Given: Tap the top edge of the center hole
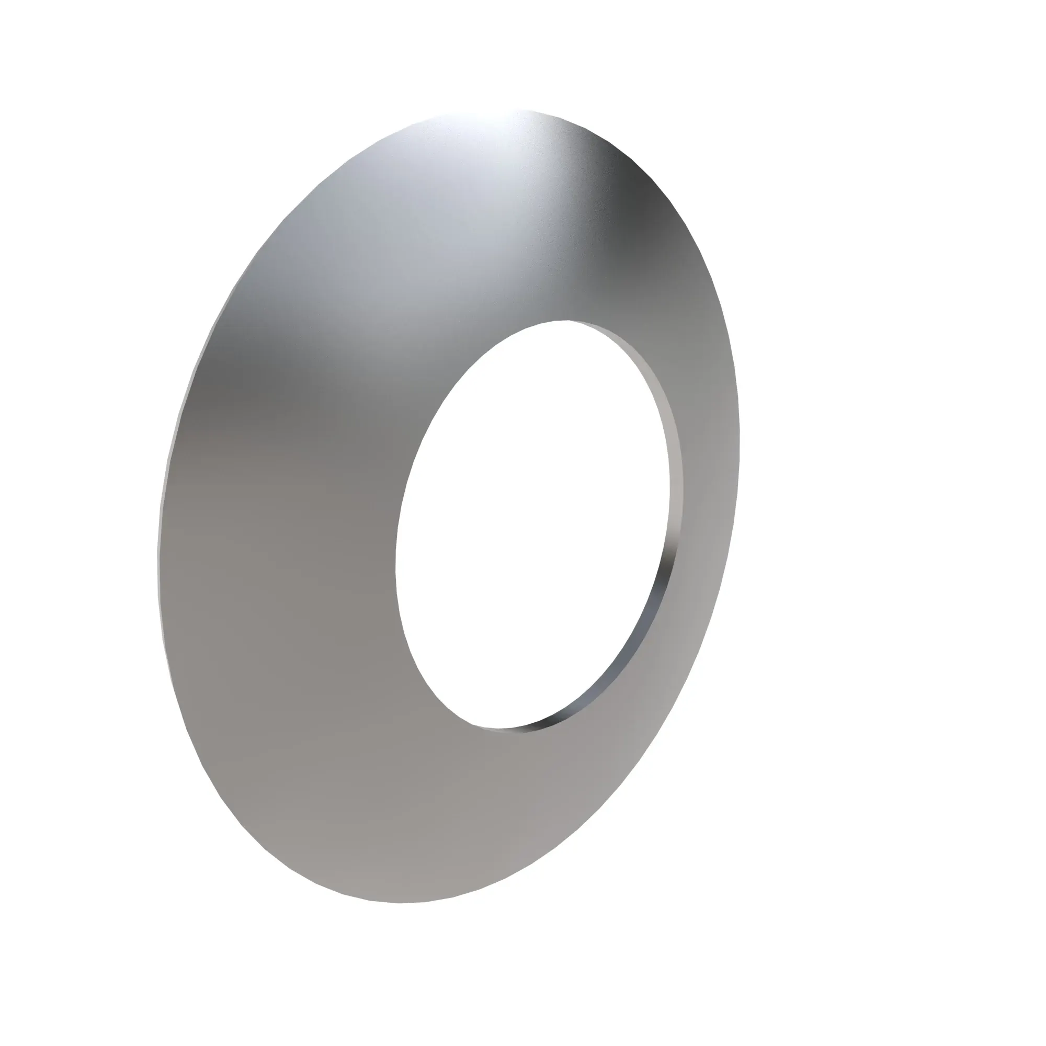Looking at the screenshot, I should click(569, 320).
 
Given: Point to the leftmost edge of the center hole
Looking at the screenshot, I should click(396, 563).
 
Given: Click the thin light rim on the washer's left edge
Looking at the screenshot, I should click(163, 487).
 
